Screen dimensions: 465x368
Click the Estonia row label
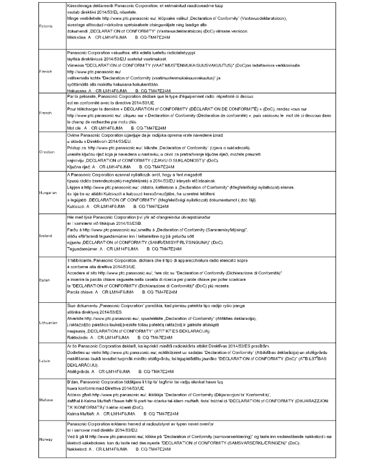point(46,26)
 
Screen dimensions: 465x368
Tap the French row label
point(46,112)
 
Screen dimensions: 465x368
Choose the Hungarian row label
point(48,193)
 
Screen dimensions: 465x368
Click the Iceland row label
point(46,236)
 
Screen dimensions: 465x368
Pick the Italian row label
point(45,279)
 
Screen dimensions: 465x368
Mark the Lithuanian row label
point(48,323)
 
